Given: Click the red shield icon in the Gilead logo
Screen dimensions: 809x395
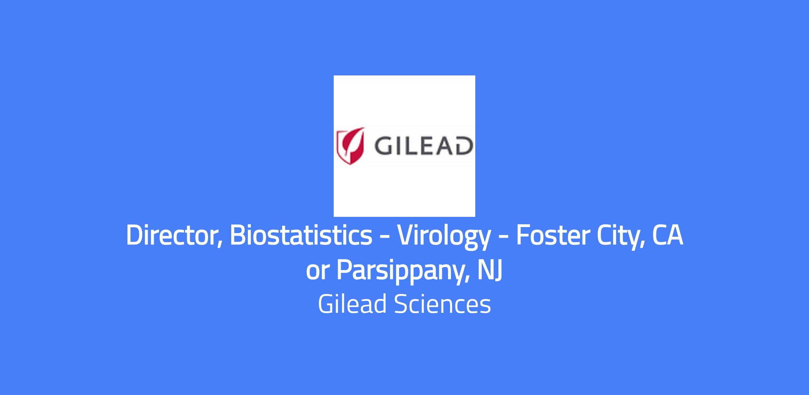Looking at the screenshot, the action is (x=351, y=146).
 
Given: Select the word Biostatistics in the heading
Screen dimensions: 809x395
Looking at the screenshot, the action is (x=301, y=235).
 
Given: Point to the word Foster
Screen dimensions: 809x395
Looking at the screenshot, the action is (x=552, y=235).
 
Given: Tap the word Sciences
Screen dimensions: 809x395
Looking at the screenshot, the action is (x=442, y=304).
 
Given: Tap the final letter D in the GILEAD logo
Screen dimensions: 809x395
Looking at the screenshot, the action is (x=463, y=146).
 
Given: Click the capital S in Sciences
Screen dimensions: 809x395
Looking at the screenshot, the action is (x=401, y=304).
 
